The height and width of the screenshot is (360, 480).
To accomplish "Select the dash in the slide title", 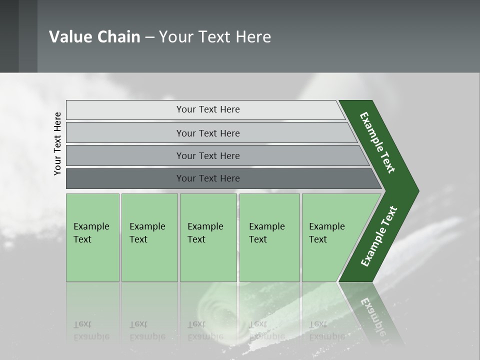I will pos(149,37).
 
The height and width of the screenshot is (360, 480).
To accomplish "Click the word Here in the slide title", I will pos(253,37).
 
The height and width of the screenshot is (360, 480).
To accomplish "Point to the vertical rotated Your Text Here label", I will pos(57,143).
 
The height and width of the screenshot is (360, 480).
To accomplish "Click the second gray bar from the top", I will pos(207,133).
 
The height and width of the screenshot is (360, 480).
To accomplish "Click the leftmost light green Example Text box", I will pos(92,237).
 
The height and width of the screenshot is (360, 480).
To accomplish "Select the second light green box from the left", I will pos(149,237).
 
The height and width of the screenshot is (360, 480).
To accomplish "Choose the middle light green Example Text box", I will pos(208,237).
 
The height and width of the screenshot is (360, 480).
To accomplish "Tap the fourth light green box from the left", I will pos(269,237).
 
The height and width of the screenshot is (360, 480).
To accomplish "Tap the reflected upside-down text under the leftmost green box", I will pos(91,330).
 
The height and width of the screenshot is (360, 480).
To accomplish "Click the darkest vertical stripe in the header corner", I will pos(9,36).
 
